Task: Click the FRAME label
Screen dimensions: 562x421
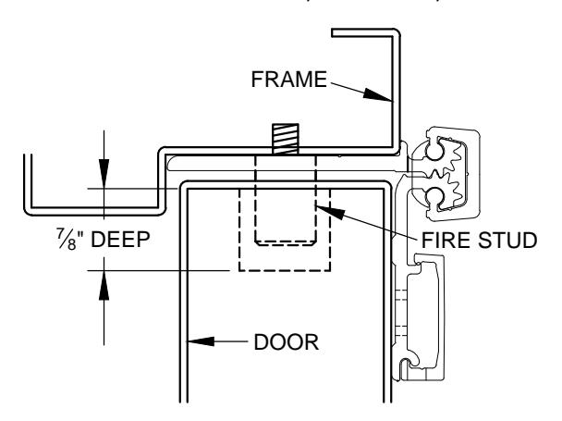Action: tap(289, 80)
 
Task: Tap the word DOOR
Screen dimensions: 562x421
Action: tap(286, 342)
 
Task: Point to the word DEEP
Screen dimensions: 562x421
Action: tap(120, 240)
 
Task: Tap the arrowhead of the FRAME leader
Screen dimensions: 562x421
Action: tap(377, 95)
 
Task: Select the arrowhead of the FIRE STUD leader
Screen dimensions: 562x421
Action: tap(331, 211)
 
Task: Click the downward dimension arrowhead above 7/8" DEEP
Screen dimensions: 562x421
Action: tap(104, 173)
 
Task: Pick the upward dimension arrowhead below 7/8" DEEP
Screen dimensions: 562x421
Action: tap(104, 285)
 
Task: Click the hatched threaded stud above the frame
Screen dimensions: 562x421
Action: tap(286, 139)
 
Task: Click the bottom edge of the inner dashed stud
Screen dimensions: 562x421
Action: tap(286, 245)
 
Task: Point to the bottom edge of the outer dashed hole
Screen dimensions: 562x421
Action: tap(285, 270)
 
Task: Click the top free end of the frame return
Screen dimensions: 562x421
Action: tap(333, 32)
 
